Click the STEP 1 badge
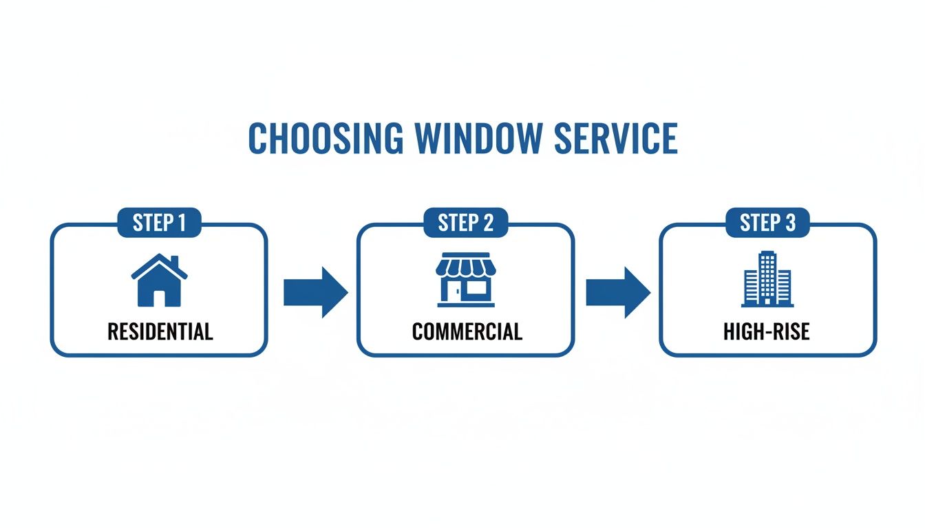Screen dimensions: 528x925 (x=159, y=223)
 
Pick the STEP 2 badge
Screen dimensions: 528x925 (x=465, y=223)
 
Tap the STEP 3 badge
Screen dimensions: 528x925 (x=767, y=223)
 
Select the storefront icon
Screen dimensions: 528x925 (x=465, y=280)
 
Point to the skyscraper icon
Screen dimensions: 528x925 (x=767, y=279)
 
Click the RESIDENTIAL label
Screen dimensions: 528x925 (x=160, y=332)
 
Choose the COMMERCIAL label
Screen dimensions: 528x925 (x=467, y=332)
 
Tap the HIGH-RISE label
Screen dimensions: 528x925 (x=767, y=332)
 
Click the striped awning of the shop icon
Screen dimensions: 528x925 (x=465, y=265)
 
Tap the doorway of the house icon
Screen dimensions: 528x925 (x=159, y=298)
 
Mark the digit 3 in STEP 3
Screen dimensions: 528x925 (x=791, y=223)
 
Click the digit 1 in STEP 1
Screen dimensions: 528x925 (x=181, y=223)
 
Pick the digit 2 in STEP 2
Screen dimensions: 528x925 (x=489, y=223)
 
